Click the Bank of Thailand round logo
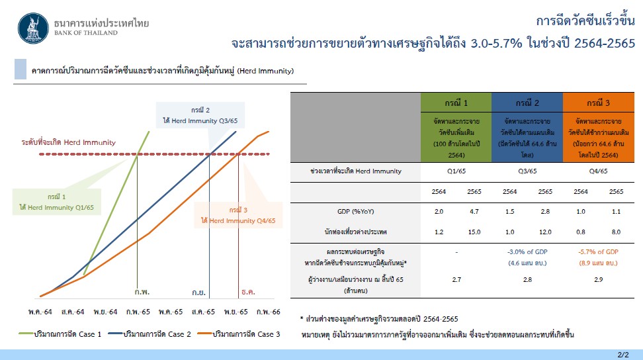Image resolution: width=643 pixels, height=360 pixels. [x=33, y=28]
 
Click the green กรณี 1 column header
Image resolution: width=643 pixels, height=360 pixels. [x=456, y=103]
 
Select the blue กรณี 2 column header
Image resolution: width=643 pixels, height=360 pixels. [x=527, y=103]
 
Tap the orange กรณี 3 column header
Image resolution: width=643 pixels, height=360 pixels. [x=598, y=103]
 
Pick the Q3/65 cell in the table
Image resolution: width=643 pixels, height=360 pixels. [x=527, y=171]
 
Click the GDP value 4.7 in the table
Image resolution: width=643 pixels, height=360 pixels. [x=474, y=212]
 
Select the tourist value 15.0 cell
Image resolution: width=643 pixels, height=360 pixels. [x=474, y=232]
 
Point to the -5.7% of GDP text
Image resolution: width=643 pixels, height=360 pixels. [x=598, y=251]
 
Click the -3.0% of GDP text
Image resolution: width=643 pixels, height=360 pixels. [x=527, y=251]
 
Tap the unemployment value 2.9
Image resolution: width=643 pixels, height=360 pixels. [x=598, y=280]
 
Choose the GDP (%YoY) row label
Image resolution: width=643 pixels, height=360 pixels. [x=355, y=212]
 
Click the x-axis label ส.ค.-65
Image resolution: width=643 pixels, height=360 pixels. [x=203, y=312]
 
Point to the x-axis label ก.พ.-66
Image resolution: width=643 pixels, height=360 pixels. [x=269, y=312]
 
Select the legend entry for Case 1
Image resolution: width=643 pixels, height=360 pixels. [x=60, y=334]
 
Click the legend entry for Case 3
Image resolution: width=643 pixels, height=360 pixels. [x=239, y=334]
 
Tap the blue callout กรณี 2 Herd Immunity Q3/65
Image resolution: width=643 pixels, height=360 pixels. [x=200, y=115]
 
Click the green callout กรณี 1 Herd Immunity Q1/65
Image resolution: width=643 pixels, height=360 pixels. [x=57, y=202]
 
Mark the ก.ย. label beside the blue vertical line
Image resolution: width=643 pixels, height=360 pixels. [x=199, y=292]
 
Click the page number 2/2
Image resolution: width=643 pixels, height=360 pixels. [x=623, y=355]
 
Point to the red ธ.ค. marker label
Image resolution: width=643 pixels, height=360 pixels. [x=249, y=292]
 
